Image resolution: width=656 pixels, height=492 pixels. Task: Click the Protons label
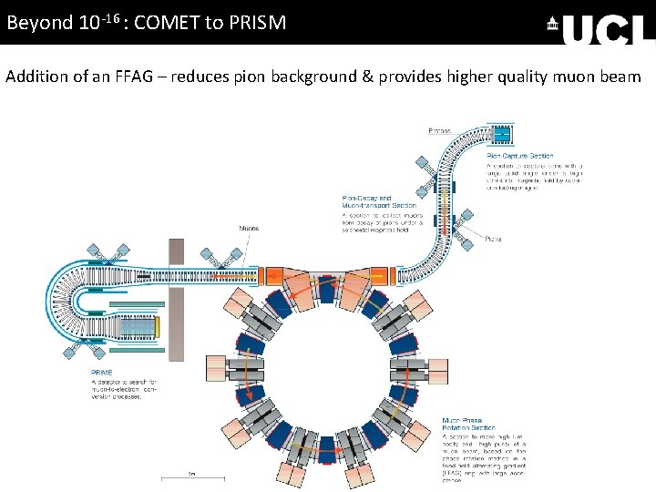point(440,131)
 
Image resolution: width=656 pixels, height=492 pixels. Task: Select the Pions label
point(493,239)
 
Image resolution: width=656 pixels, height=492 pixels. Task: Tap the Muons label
point(249,228)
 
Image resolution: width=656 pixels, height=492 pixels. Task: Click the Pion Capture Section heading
point(519,156)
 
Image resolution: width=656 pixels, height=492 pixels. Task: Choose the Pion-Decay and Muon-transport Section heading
point(366,202)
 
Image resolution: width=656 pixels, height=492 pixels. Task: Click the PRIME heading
point(101,373)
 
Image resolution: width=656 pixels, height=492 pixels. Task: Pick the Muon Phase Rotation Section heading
point(468,423)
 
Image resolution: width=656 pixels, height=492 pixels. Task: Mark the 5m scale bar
point(191,477)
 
